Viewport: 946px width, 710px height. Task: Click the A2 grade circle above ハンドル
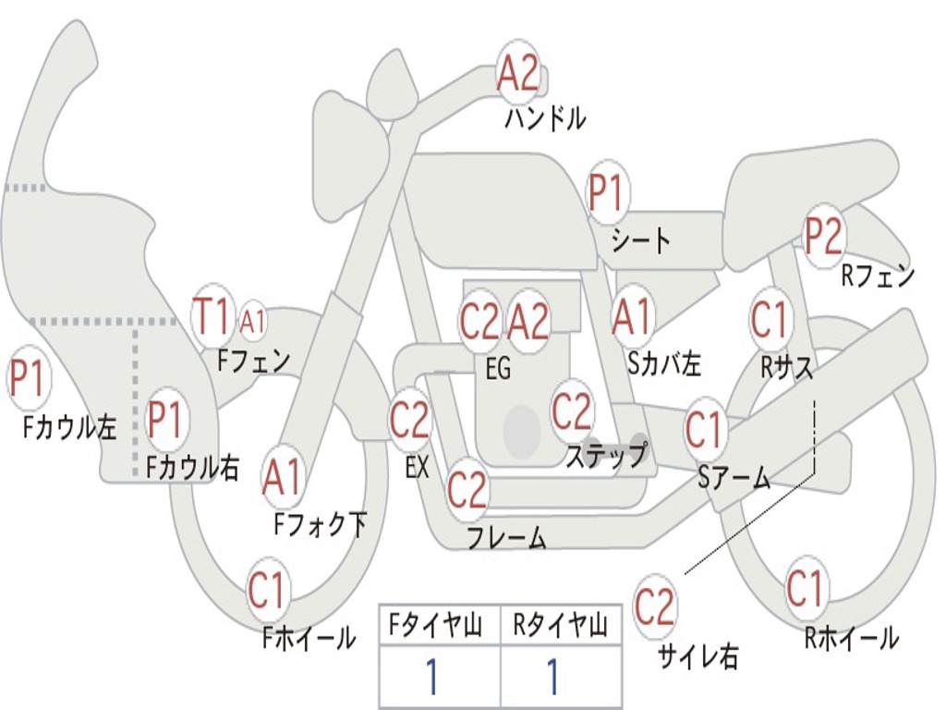518,72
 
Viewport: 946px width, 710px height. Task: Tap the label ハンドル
545,118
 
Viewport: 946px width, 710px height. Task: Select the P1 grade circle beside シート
606,193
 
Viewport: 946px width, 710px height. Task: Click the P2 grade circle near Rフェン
823,237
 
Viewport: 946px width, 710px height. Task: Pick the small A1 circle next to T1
252,322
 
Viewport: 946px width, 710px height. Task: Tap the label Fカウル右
193,468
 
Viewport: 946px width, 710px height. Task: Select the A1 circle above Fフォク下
282,476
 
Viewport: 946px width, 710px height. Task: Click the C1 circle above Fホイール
268,592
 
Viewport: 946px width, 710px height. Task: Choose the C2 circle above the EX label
409,421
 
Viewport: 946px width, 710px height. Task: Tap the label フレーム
506,538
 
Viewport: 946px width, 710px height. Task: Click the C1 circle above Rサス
769,320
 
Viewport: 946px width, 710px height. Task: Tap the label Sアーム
734,478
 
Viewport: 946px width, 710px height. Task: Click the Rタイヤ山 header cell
561,627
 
